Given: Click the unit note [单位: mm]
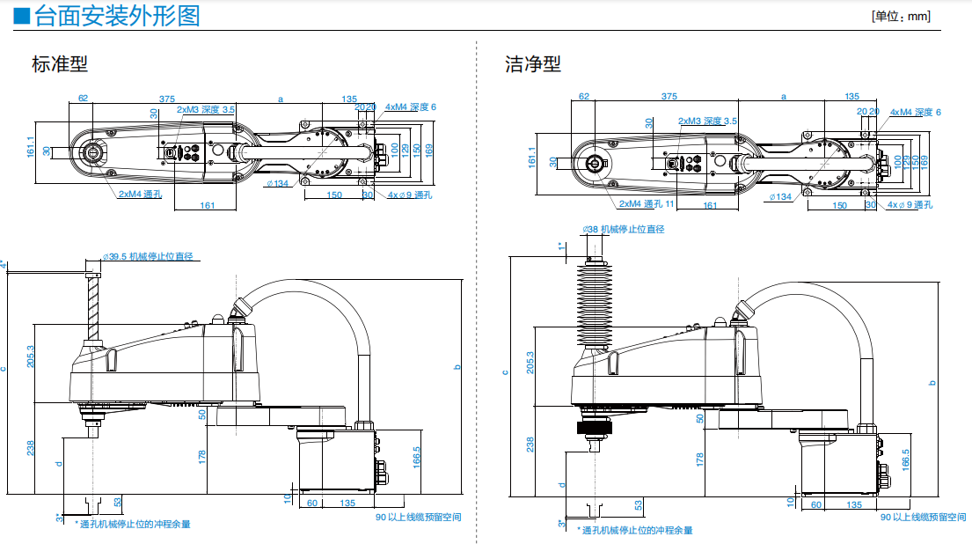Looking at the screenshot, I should [900, 17].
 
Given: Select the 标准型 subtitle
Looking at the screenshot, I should [60, 64].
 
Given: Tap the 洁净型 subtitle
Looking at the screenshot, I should [533, 64].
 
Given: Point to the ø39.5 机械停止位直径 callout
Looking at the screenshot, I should [148, 257].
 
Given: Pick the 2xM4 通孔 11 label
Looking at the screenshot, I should [646, 204].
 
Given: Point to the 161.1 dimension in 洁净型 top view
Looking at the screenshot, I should [531, 157].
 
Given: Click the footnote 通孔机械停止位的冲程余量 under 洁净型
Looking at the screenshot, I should [636, 530].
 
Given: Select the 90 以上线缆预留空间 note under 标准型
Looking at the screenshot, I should [418, 517].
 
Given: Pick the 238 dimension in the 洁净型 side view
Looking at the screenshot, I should [530, 445].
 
